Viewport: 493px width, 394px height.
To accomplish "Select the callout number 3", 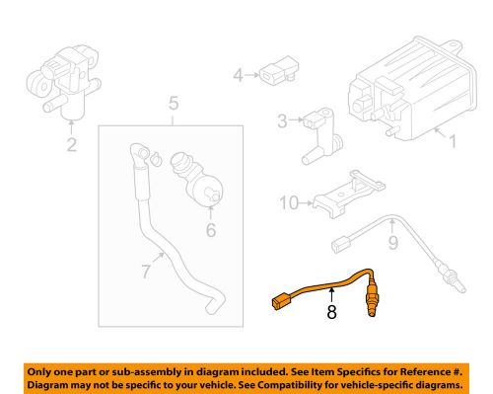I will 282,121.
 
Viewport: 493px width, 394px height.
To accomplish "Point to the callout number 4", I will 238,75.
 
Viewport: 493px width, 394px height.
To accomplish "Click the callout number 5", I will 174,103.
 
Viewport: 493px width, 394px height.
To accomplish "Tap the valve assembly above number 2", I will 60,79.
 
